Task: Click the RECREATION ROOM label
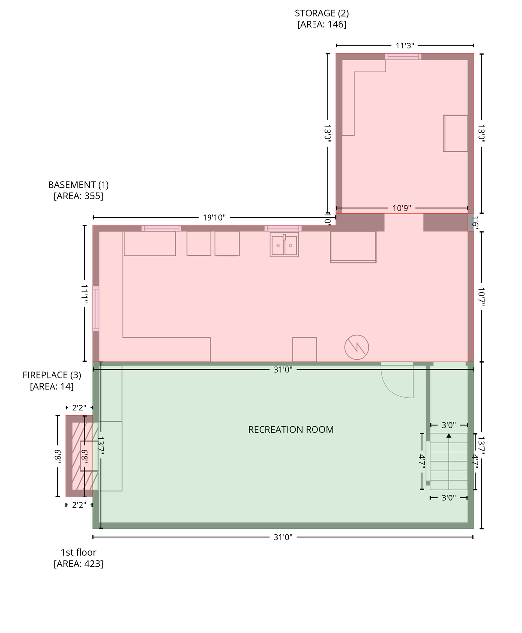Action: [291, 429]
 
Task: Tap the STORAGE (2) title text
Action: [321, 13]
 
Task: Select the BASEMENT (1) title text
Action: [78, 185]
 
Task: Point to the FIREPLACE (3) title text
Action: [52, 375]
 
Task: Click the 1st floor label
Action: [78, 552]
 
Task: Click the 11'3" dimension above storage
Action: [405, 45]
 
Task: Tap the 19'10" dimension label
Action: [214, 218]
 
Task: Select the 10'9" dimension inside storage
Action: [402, 208]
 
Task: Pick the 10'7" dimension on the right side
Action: [481, 297]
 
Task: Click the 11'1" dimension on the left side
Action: [84, 293]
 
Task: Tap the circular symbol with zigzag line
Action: [357, 347]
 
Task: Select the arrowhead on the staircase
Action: [449, 436]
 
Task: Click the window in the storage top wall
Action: [403, 57]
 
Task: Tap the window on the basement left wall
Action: [96, 309]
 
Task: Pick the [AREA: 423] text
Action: [78, 564]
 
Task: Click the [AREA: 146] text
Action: [321, 24]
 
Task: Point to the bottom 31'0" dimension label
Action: [283, 537]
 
